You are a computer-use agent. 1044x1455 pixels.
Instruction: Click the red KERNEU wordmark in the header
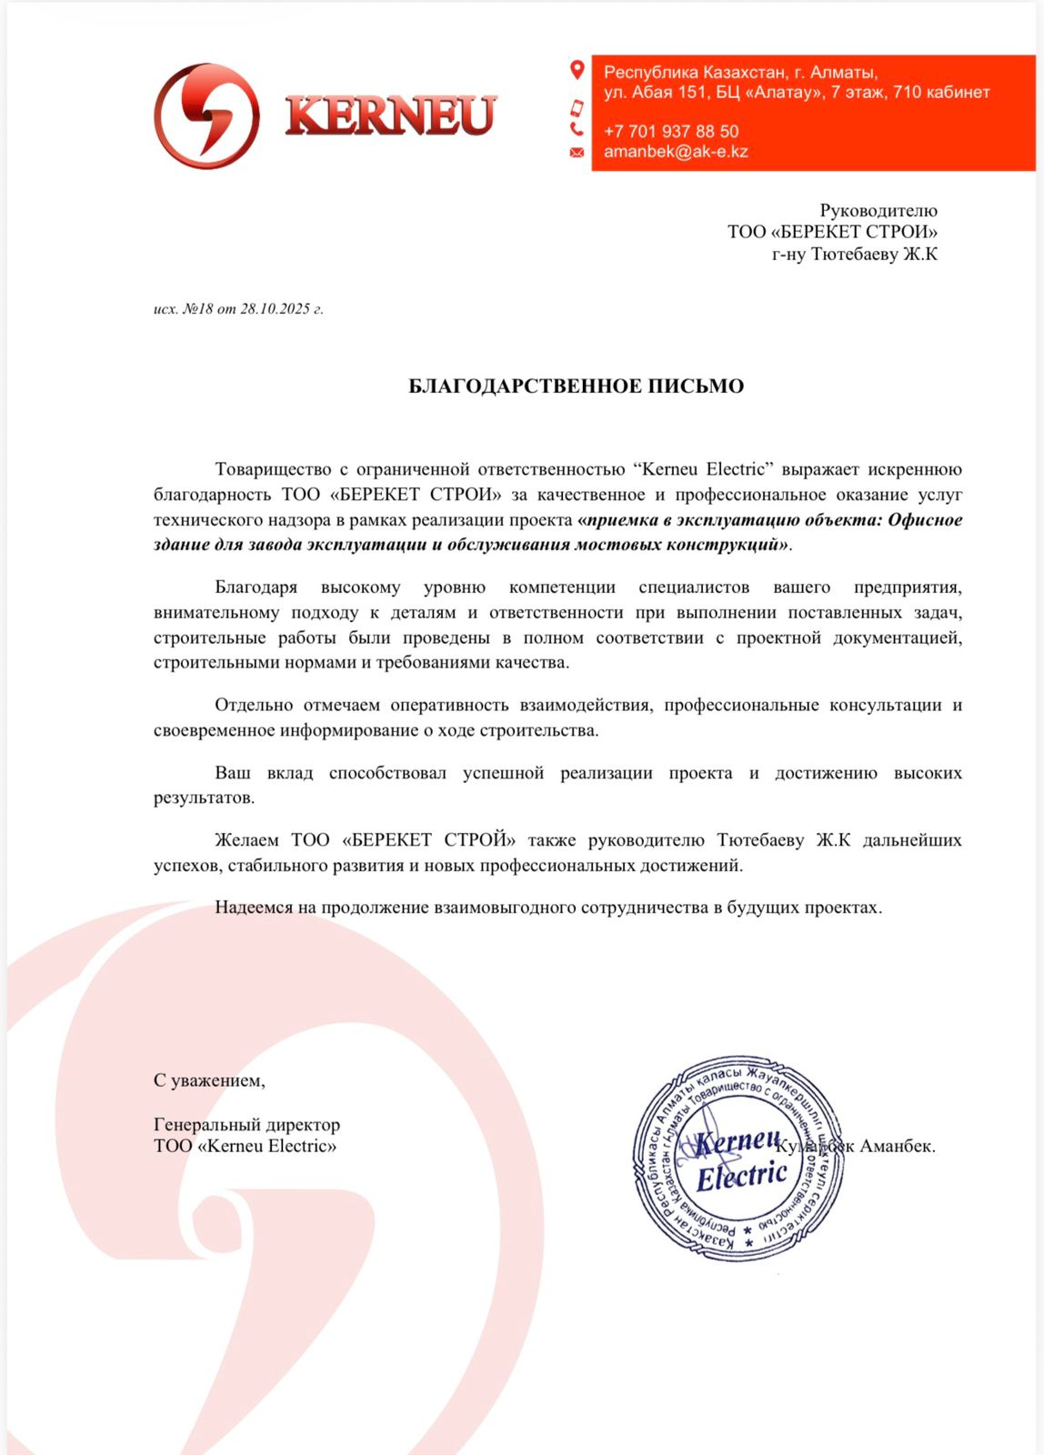click(x=391, y=115)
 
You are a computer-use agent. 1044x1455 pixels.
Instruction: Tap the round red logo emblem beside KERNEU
click(x=206, y=115)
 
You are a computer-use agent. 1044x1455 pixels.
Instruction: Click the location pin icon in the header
click(x=577, y=70)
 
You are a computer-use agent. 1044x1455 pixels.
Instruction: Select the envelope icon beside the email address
click(x=577, y=152)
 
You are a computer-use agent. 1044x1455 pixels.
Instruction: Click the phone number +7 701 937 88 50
click(x=671, y=131)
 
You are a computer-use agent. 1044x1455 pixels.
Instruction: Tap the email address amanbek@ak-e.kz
click(x=676, y=152)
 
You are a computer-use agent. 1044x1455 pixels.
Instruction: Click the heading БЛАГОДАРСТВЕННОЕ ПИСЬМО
click(x=576, y=386)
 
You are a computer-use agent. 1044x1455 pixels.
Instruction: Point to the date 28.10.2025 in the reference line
click(x=276, y=309)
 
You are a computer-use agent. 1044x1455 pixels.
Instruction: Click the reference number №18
click(x=197, y=309)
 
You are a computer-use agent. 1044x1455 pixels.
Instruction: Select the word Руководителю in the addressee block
click(x=878, y=211)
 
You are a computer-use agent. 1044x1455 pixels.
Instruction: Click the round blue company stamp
click(x=738, y=1158)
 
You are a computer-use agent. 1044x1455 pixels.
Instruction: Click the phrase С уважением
click(x=209, y=1081)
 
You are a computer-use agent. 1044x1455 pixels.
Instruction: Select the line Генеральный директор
click(x=246, y=1125)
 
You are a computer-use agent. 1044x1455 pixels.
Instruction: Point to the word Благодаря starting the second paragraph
click(x=256, y=587)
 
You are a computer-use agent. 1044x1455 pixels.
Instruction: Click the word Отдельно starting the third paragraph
click(x=254, y=705)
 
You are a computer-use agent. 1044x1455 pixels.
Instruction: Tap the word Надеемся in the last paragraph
click(x=254, y=908)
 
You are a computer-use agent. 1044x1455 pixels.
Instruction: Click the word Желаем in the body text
click(x=246, y=840)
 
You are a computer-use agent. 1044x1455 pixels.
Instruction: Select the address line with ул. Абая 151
click(x=796, y=92)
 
